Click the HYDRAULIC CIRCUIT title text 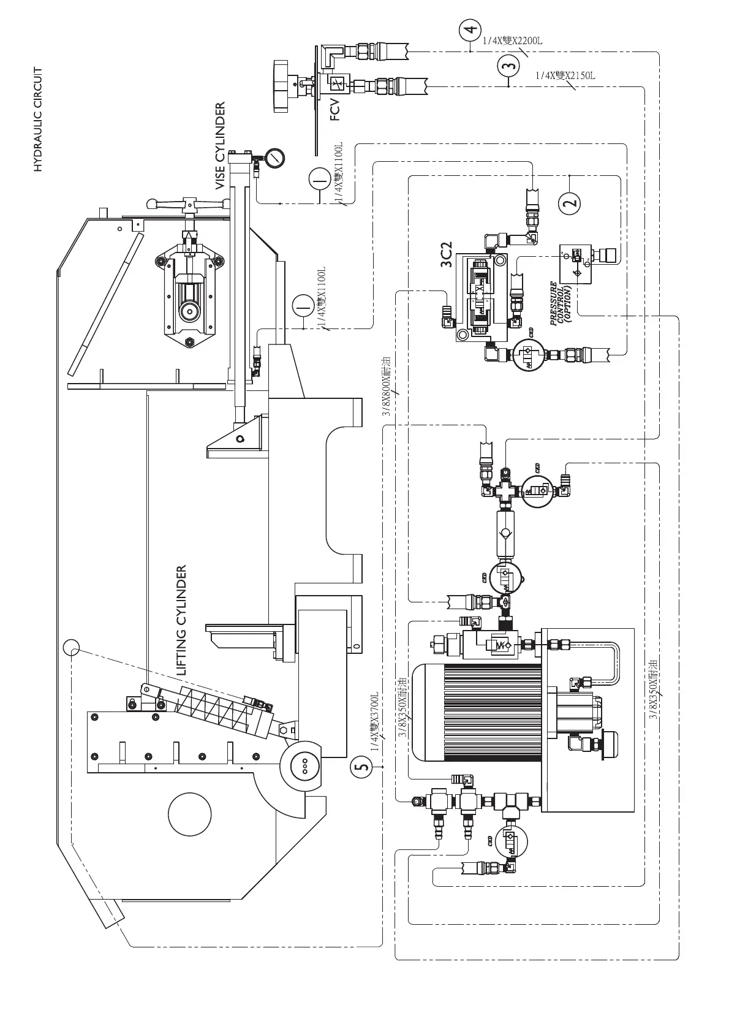pyautogui.click(x=38, y=120)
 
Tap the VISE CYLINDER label pyautogui.click(x=221, y=146)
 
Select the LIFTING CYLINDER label pyautogui.click(x=181, y=621)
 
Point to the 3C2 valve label pyautogui.click(x=447, y=254)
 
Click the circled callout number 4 pyautogui.click(x=470, y=29)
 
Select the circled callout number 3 pyautogui.click(x=508, y=65)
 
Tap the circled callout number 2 pyautogui.click(x=570, y=202)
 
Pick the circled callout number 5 pyautogui.click(x=362, y=767)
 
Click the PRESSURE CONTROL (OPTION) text pyautogui.click(x=561, y=303)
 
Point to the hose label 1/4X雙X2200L pyautogui.click(x=512, y=41)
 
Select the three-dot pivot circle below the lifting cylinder pyautogui.click(x=304, y=766)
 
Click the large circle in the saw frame pyautogui.click(x=190, y=814)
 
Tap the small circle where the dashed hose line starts pyautogui.click(x=71, y=647)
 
